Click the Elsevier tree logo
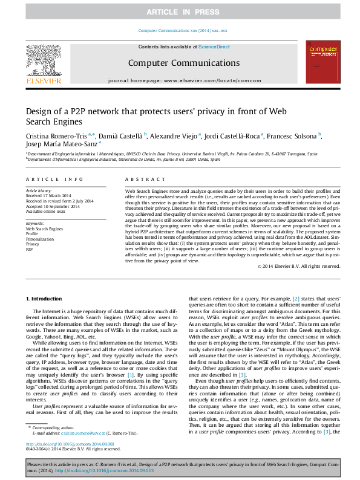43,59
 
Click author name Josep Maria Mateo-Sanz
61,144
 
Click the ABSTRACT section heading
142,180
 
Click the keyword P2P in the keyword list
30,249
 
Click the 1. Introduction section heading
47,299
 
